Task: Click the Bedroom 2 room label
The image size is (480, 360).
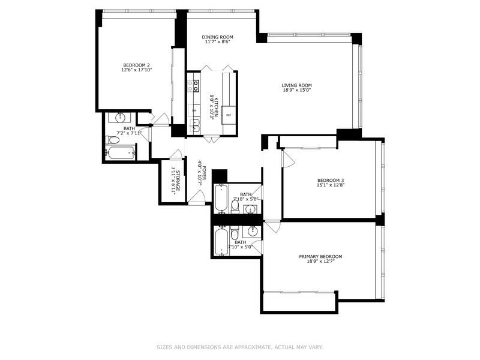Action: (x=136, y=65)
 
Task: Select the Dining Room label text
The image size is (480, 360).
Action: (x=217, y=37)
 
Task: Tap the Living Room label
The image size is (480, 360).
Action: (x=297, y=85)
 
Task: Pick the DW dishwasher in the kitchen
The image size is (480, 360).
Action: (x=193, y=110)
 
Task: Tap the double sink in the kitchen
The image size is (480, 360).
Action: (x=194, y=126)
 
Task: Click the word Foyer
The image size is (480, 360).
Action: (x=204, y=173)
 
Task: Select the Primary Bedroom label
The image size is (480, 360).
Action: (x=320, y=256)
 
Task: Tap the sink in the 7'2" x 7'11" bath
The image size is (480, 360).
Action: (x=120, y=116)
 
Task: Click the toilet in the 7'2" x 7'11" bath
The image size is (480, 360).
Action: (x=113, y=140)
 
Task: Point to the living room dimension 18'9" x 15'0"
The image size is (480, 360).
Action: (x=297, y=91)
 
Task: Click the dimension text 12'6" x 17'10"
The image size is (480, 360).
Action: (x=136, y=70)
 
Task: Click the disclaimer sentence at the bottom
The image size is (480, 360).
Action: (x=240, y=346)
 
